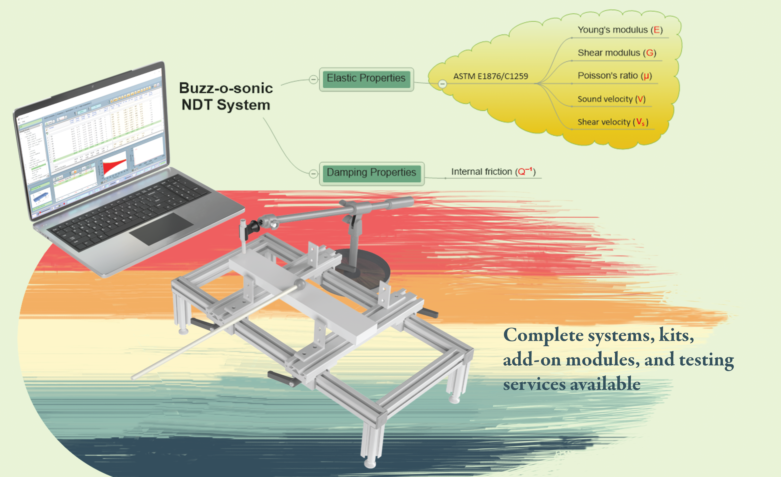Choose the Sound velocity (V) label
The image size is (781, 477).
click(611, 99)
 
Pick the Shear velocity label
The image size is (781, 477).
click(613, 122)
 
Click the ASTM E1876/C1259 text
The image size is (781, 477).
click(490, 76)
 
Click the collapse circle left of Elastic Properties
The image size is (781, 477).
click(313, 79)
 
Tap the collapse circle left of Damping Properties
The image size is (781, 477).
click(313, 173)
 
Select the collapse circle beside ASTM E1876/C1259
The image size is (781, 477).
click(442, 84)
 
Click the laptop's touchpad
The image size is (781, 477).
click(161, 229)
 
